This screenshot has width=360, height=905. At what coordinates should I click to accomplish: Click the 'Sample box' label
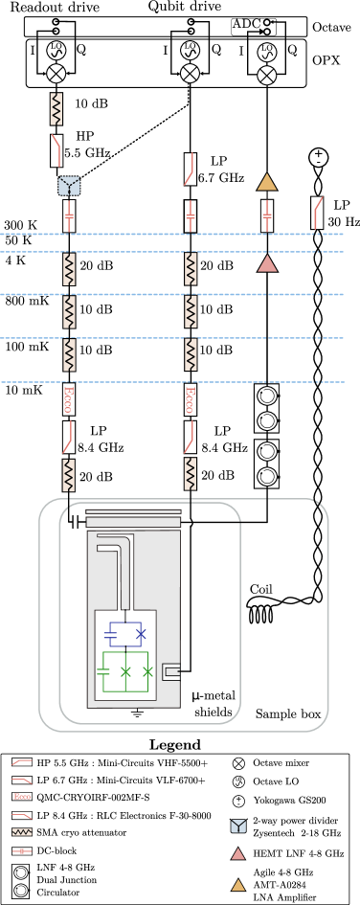(286, 713)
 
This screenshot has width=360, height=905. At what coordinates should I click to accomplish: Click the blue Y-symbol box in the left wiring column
(69, 185)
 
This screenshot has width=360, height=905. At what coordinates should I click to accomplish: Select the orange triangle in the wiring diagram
(267, 182)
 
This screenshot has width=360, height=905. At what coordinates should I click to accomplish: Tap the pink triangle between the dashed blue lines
(267, 263)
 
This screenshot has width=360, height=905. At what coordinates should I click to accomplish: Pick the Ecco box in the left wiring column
(69, 398)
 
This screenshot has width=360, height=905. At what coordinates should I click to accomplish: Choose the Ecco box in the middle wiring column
(191, 398)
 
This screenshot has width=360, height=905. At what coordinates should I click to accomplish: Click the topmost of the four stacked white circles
(267, 396)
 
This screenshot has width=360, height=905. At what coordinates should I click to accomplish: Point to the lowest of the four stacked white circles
(267, 476)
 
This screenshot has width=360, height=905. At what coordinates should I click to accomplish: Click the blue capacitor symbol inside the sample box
(112, 633)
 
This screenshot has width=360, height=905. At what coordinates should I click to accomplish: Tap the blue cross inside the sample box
(141, 633)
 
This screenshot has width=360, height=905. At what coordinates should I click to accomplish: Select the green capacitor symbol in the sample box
(103, 671)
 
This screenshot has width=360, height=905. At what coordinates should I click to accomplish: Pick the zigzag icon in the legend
(22, 832)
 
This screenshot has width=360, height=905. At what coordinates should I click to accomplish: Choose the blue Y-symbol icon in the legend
(238, 826)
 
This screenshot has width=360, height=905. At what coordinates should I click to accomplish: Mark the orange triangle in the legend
(238, 885)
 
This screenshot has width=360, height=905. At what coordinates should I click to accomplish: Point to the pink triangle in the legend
(238, 854)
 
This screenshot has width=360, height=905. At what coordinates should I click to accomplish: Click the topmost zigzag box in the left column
(56, 109)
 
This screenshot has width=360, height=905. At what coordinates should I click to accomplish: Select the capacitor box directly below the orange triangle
(267, 215)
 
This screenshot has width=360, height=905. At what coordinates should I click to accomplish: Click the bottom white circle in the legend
(21, 890)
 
